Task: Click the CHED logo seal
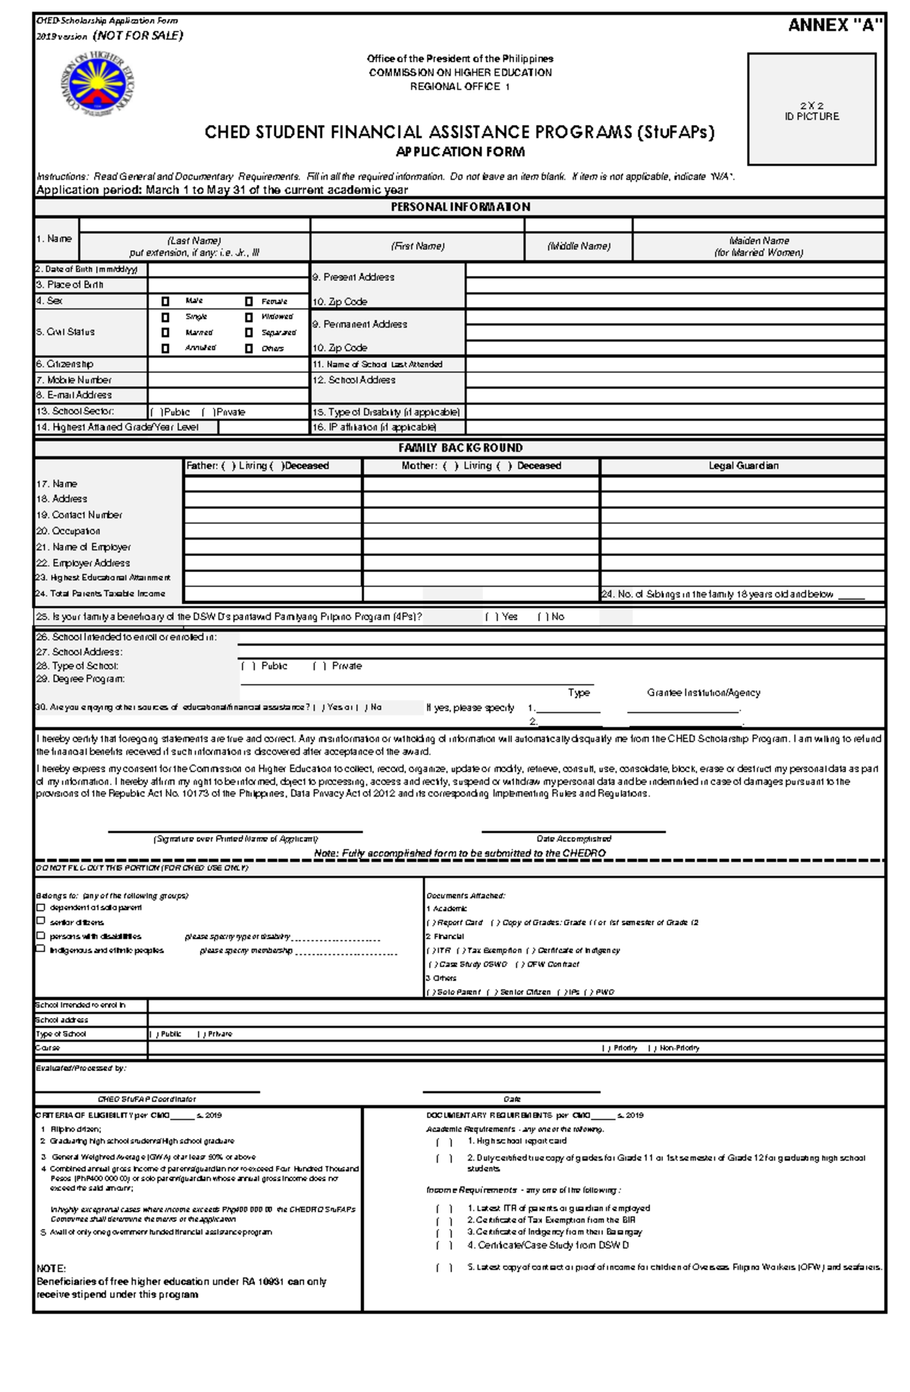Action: coord(98,83)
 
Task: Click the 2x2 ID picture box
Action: coord(811,108)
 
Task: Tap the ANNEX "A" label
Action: coord(835,25)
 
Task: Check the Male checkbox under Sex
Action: coord(165,301)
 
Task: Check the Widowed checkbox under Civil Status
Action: coord(249,317)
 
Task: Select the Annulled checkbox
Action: coord(165,348)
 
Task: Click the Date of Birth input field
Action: coord(227,269)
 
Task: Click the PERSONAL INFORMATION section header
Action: coord(460,207)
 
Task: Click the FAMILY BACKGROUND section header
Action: coord(460,448)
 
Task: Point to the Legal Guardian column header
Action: coord(743,466)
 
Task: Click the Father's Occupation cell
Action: coord(272,531)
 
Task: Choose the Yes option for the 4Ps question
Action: coord(491,617)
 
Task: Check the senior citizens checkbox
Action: coord(41,921)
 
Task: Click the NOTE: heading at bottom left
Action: coord(52,1268)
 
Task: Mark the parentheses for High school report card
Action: coord(444,1142)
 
